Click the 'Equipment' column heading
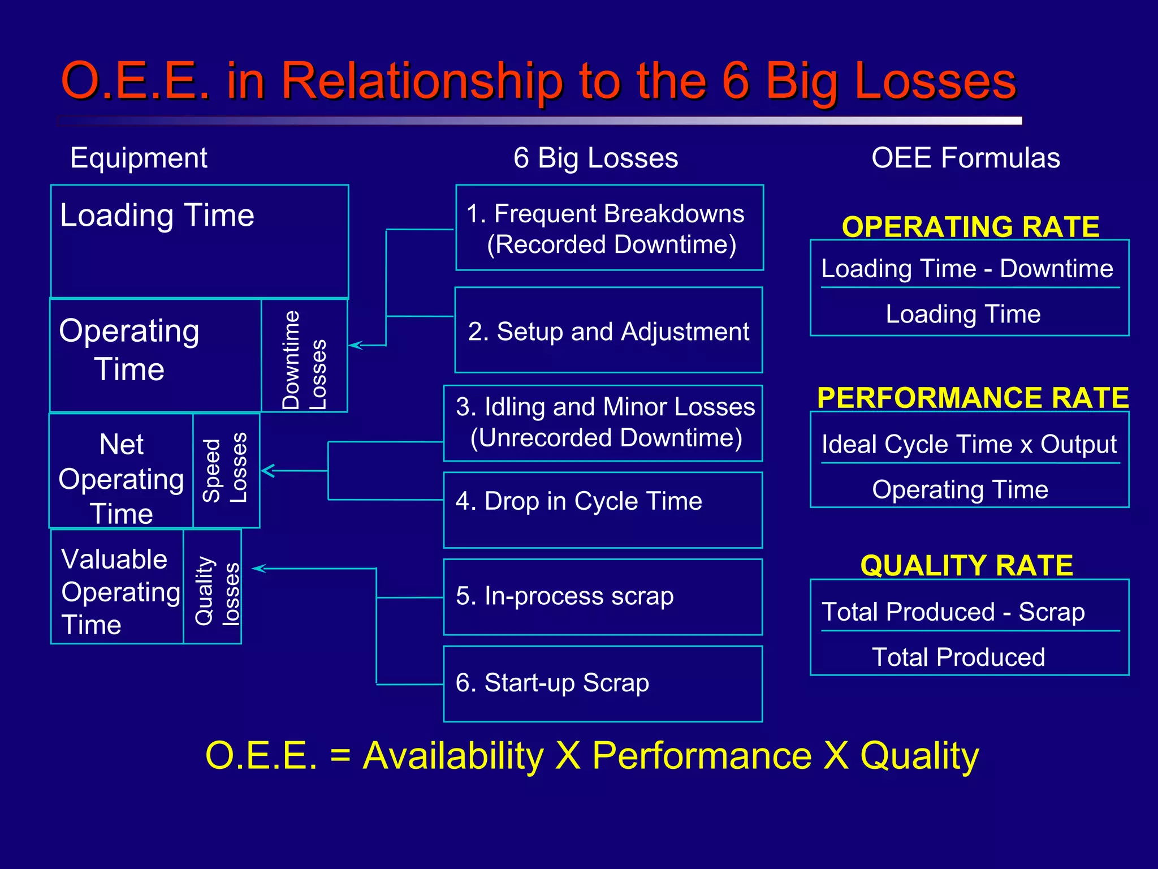pyautogui.click(x=139, y=158)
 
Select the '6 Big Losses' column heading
pyautogui.click(x=595, y=158)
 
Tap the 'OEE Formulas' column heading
pyautogui.click(x=965, y=158)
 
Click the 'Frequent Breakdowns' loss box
pyautogui.click(x=609, y=227)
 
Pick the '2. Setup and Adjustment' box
pyautogui.click(x=608, y=330)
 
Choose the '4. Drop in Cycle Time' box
pyautogui.click(x=603, y=509)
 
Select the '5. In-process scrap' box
pyautogui.click(x=603, y=596)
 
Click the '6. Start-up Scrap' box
pyautogui.click(x=603, y=683)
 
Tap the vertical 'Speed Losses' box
pyautogui.click(x=226, y=470)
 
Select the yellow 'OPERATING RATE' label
pyautogui.click(x=970, y=226)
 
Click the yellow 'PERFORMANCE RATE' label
pyautogui.click(x=973, y=397)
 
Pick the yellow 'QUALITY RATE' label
pyautogui.click(x=966, y=565)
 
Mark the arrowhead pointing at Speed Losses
pyautogui.click(x=267, y=470)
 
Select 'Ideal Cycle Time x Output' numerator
pyautogui.click(x=969, y=444)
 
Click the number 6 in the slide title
pyautogui.click(x=735, y=81)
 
